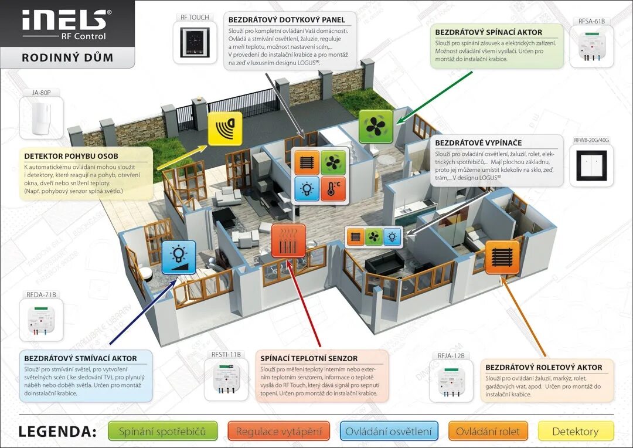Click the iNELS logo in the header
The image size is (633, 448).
(x=64, y=22)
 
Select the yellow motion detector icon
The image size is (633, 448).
(x=224, y=128)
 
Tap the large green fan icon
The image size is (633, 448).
(x=375, y=127)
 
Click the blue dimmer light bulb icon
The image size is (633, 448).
(x=179, y=257)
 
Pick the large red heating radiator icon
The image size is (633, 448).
(x=288, y=240)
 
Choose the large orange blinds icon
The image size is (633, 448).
(x=502, y=257)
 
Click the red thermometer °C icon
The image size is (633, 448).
(x=334, y=188)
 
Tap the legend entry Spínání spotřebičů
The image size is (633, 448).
(x=162, y=432)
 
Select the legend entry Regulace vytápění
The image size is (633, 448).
(x=278, y=432)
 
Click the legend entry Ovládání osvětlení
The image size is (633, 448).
(x=389, y=432)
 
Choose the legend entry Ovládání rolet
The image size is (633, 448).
(x=488, y=432)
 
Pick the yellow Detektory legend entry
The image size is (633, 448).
(x=575, y=432)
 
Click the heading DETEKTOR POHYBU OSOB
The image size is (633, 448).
(x=71, y=156)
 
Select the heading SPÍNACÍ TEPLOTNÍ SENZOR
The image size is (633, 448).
(x=309, y=358)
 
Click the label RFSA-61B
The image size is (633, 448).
(x=591, y=21)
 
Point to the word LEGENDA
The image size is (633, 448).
(x=57, y=432)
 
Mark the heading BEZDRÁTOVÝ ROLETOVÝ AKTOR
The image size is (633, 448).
(x=543, y=367)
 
